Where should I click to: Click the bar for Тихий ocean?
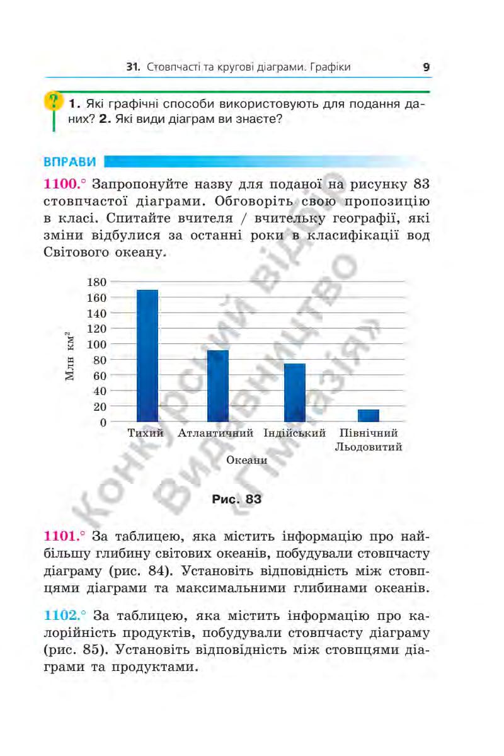coord(147,356)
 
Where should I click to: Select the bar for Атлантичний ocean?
coord(217,386)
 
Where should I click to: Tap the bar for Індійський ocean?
coord(294,392)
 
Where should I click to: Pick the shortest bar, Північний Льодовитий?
coord(369,416)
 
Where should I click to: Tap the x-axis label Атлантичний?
coord(215,433)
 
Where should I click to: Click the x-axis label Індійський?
coord(295,433)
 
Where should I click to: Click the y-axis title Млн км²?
coord(71,357)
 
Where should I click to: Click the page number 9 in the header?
coord(427,67)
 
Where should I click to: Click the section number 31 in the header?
coord(132,67)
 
